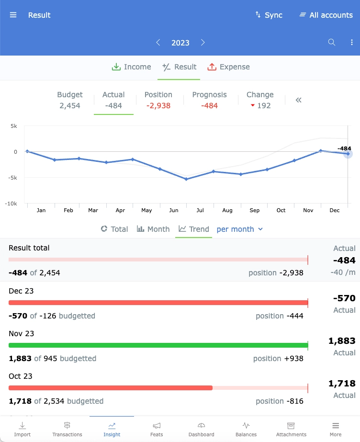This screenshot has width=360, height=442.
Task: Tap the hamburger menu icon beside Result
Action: point(13,15)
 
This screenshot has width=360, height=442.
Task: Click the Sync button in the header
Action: point(269,15)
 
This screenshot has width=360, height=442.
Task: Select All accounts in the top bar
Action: point(326,15)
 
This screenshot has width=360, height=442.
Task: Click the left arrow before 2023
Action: point(158,43)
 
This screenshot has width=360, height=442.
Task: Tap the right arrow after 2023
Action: point(203,43)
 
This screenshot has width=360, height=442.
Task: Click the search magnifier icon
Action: point(331,43)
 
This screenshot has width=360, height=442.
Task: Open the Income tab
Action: point(131,67)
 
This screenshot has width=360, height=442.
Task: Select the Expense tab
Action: point(229,67)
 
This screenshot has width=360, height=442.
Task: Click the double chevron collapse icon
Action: point(299,100)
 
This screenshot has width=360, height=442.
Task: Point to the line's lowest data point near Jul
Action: point(186,179)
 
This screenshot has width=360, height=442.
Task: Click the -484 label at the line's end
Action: point(344,148)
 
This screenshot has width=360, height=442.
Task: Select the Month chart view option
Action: point(153,229)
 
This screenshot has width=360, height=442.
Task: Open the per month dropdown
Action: point(240,229)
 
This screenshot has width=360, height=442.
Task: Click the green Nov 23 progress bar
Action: point(158,345)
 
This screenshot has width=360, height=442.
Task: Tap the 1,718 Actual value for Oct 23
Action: point(341,384)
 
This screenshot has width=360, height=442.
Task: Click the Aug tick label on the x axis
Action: point(227,210)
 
